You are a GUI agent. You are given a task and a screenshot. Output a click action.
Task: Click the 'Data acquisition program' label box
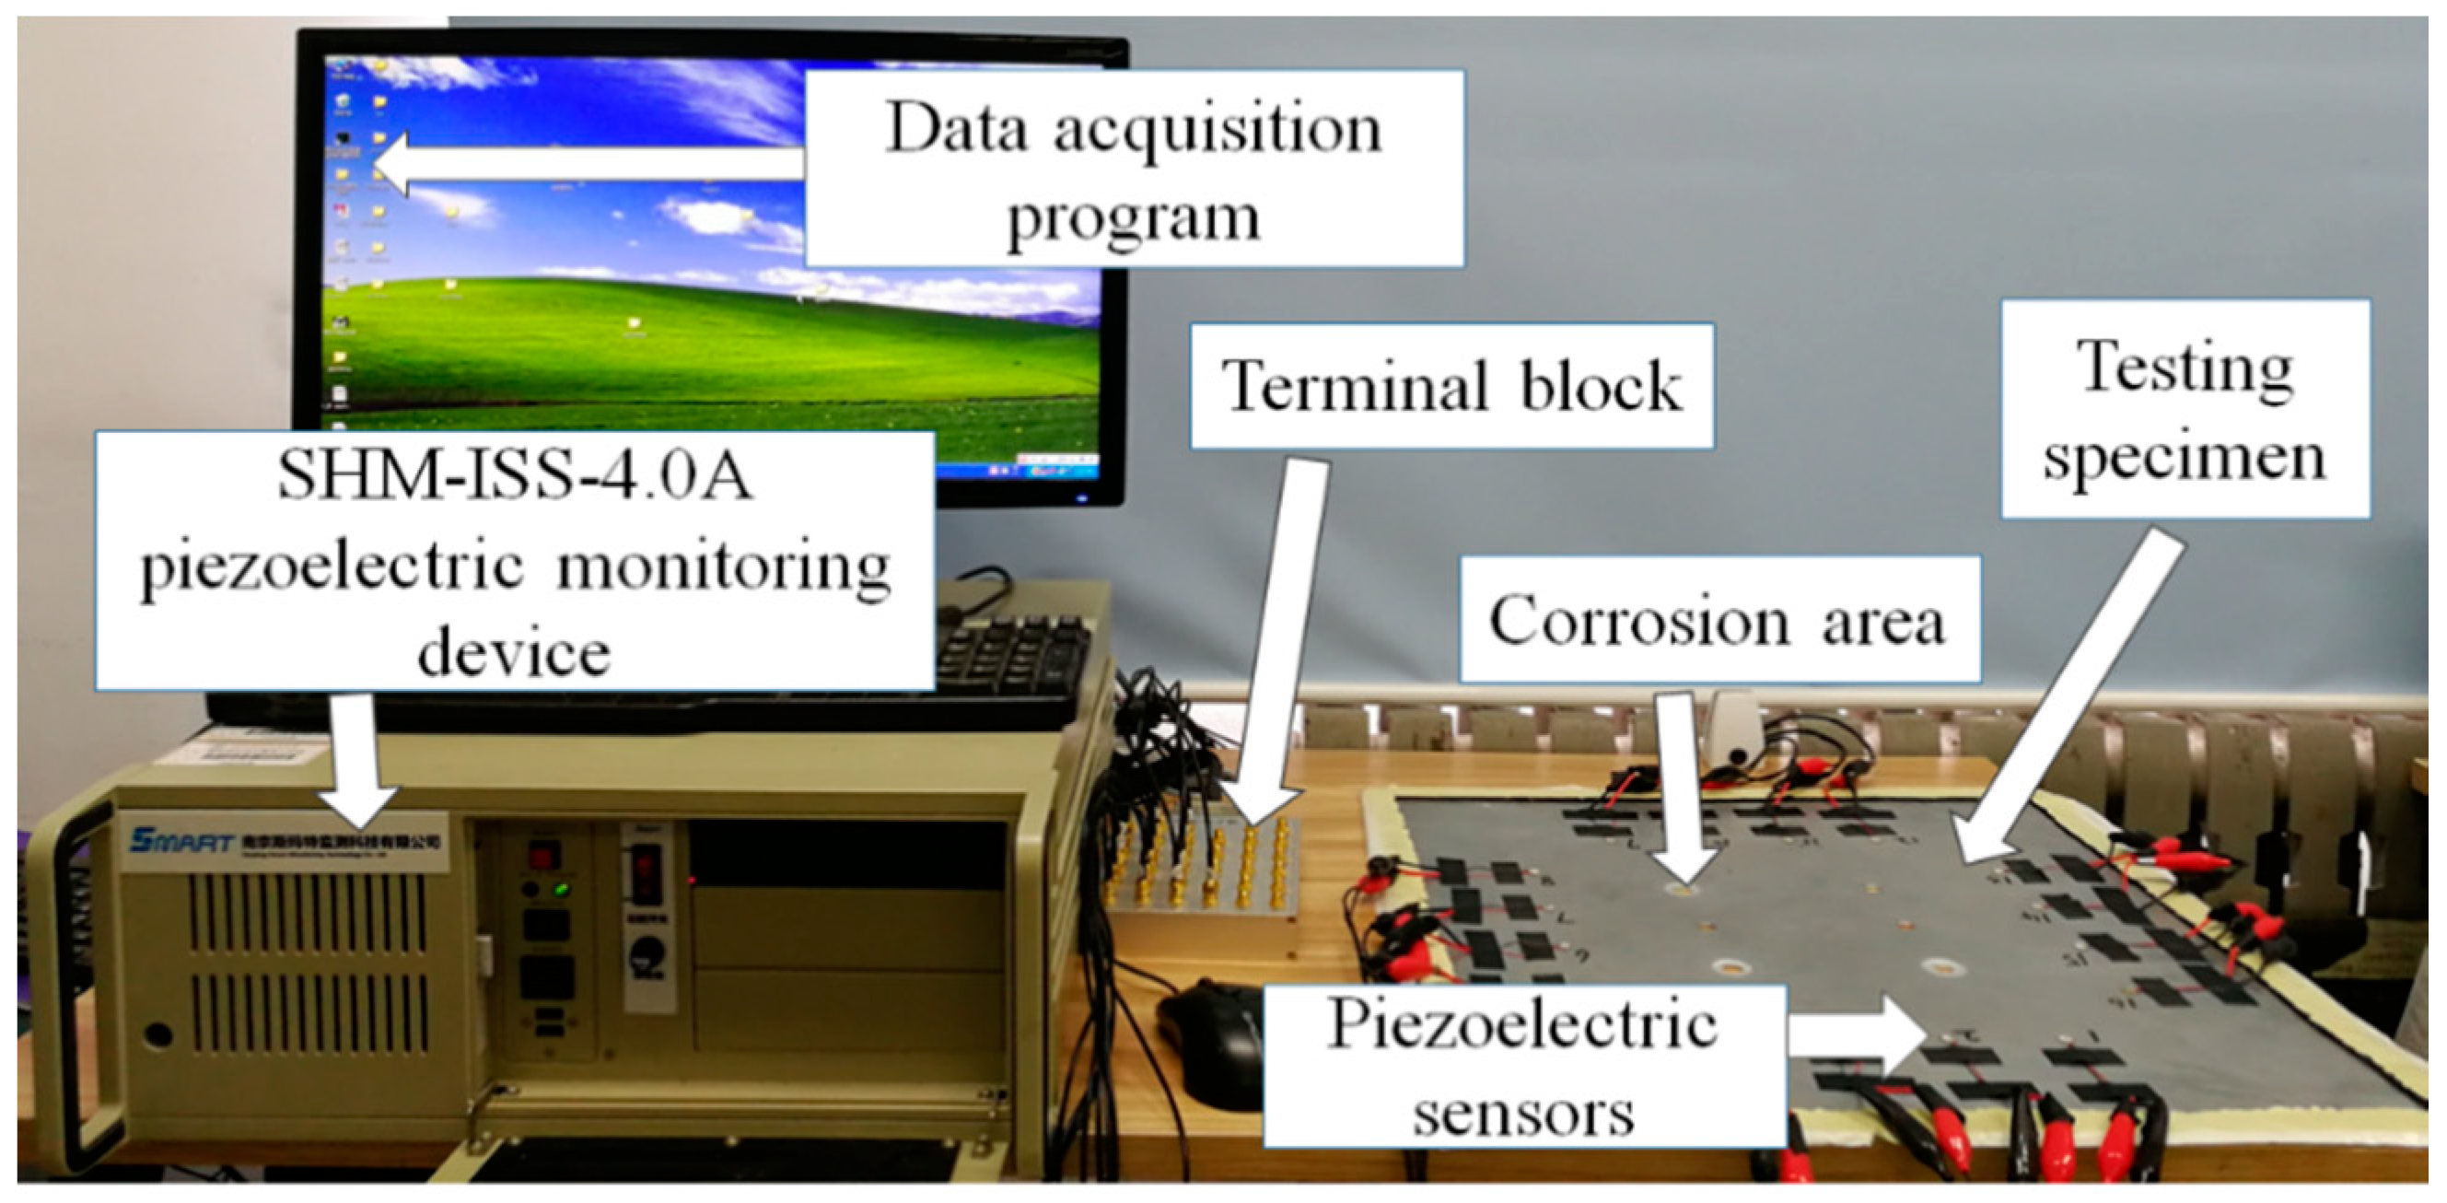tap(1134, 169)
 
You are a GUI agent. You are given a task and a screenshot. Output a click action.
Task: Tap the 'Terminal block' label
tap(1451, 386)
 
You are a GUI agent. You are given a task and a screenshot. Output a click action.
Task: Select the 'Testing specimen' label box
tap(2185, 410)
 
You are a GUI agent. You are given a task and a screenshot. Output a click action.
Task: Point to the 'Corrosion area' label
tap(1719, 620)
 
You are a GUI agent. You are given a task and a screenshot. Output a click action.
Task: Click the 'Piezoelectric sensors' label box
tap(1522, 1066)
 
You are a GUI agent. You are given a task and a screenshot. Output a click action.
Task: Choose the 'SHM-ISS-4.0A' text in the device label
tap(515, 475)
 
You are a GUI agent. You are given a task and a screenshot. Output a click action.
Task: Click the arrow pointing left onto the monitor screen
tap(588, 164)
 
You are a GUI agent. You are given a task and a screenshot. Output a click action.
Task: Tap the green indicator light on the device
tap(562, 891)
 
